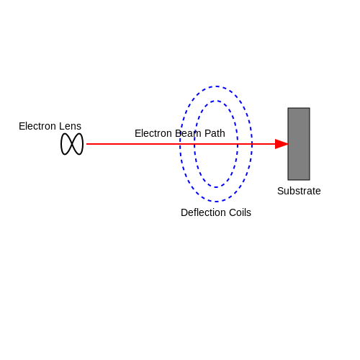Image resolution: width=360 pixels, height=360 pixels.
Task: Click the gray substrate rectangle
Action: point(299,144)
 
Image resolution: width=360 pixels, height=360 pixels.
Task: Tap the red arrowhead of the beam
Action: point(282,144)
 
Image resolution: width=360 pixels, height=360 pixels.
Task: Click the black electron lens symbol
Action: point(72,144)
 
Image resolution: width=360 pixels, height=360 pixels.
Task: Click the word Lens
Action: point(71,126)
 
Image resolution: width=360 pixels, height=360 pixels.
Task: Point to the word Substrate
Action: point(299,191)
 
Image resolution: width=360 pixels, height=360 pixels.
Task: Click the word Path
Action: point(215,133)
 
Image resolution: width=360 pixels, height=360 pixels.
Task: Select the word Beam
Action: point(188,133)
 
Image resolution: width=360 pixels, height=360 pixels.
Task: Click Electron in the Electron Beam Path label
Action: point(153,133)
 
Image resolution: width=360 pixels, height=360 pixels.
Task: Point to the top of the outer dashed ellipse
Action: point(216,86)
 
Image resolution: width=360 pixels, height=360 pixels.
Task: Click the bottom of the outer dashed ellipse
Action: point(216,202)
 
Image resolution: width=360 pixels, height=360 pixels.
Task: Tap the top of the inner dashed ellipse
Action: point(216,101)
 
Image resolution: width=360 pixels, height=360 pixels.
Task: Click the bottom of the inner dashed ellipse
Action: point(216,187)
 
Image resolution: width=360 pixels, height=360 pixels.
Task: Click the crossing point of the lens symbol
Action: point(72,144)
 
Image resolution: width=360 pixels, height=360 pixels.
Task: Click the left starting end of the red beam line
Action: point(86,144)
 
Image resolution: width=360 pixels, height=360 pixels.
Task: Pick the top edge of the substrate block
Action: point(299,108)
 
